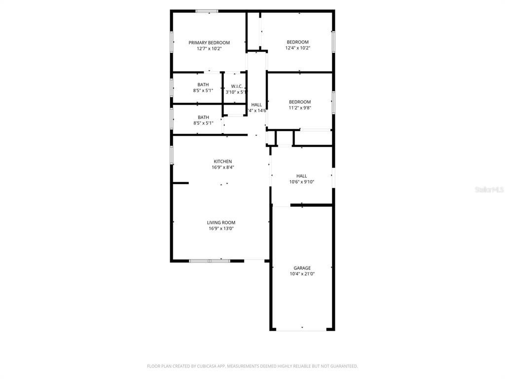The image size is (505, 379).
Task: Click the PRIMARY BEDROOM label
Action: pyautogui.click(x=209, y=43)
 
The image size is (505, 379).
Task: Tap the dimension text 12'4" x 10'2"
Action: pyautogui.click(x=297, y=48)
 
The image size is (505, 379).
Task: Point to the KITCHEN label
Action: pyautogui.click(x=222, y=161)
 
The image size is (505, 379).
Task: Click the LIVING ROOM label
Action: pyautogui.click(x=221, y=223)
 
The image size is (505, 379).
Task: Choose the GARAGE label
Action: pyautogui.click(x=302, y=268)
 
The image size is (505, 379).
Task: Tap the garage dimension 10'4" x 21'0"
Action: pyautogui.click(x=302, y=274)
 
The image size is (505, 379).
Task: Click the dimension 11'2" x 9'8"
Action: pyautogui.click(x=300, y=108)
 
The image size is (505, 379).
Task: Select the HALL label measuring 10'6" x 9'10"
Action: pyautogui.click(x=301, y=176)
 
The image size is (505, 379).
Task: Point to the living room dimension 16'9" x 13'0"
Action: pyautogui.click(x=221, y=228)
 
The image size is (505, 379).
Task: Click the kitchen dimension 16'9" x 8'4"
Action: pyautogui.click(x=222, y=167)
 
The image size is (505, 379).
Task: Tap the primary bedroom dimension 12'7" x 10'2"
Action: pyautogui.click(x=209, y=49)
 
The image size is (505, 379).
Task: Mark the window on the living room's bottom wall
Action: pyautogui.click(x=210, y=261)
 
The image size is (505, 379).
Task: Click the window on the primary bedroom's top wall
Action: pyautogui.click(x=207, y=11)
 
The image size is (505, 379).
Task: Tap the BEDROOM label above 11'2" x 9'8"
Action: pyautogui.click(x=300, y=102)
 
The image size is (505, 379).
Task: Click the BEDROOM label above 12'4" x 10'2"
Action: pyautogui.click(x=297, y=42)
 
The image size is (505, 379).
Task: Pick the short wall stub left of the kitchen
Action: pyautogui.click(x=180, y=183)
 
